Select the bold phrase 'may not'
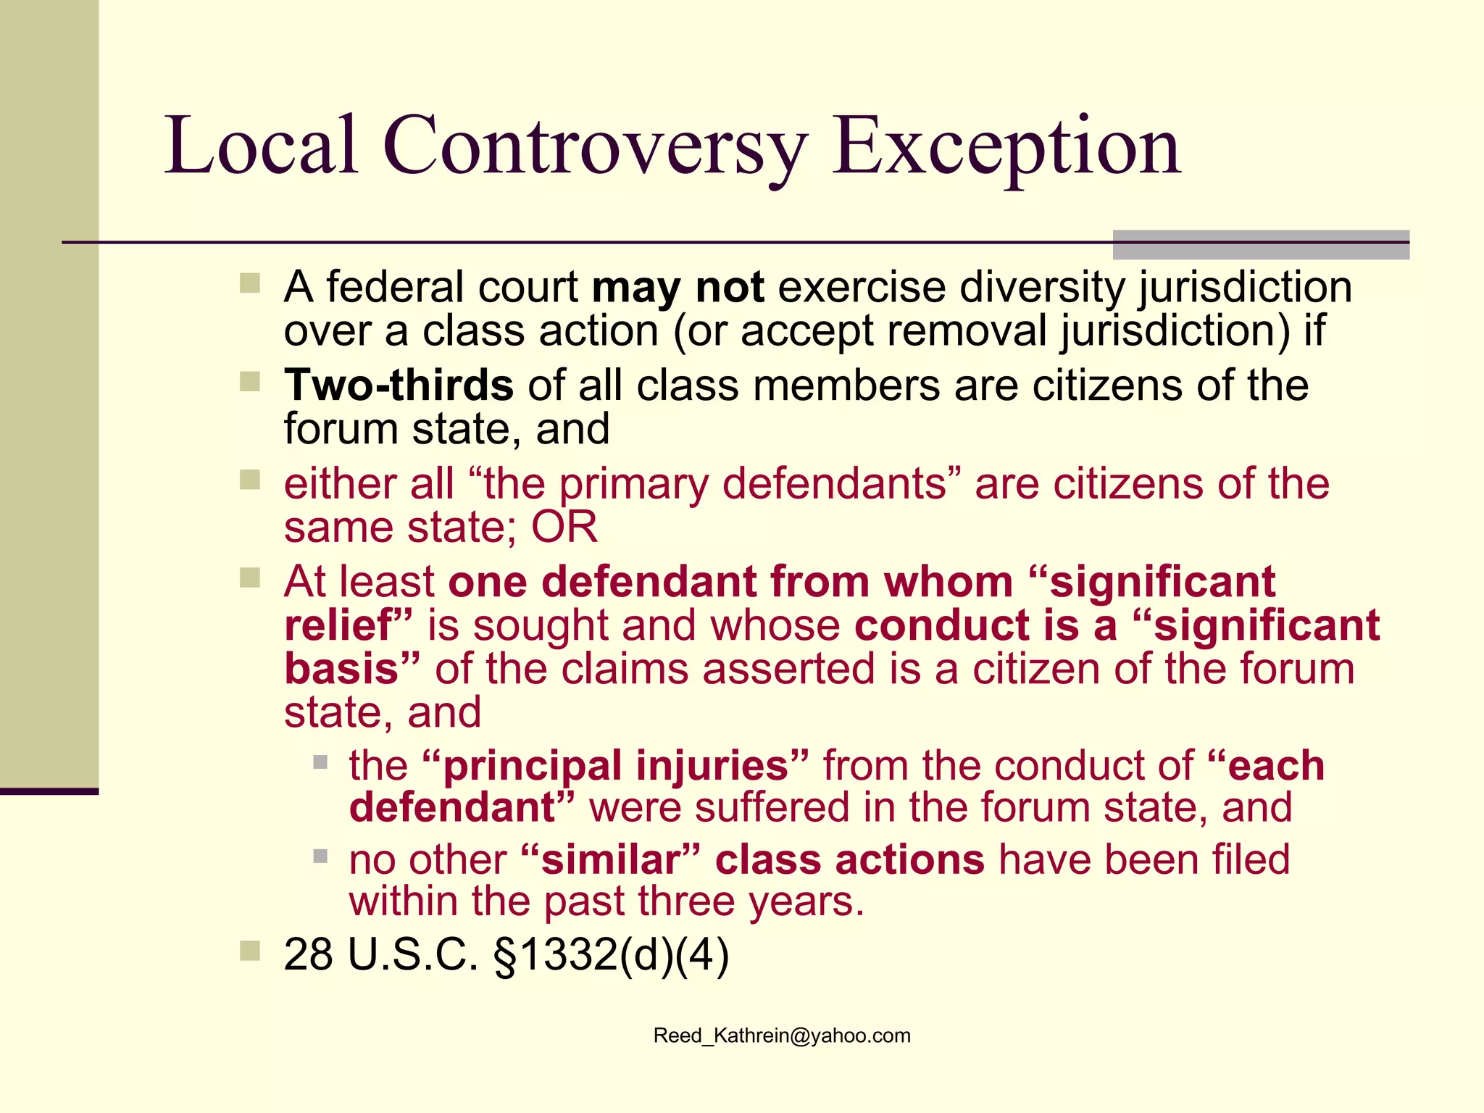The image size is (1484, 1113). [x=678, y=288]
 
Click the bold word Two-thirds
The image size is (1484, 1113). [x=399, y=385]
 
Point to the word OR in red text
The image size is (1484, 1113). [x=564, y=528]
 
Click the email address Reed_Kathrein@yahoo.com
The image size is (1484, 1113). [x=782, y=1035]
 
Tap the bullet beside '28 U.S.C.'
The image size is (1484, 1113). [x=250, y=950]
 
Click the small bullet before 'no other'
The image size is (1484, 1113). [x=320, y=856]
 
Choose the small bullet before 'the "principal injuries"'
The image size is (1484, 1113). [x=320, y=762]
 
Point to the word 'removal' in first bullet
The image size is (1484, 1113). [x=967, y=331]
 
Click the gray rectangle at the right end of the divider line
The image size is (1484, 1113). [x=1261, y=245]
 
